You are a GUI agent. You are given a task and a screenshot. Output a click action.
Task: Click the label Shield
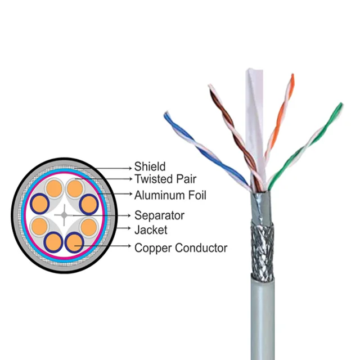(x=150, y=166)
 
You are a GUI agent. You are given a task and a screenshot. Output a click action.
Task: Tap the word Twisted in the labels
(x=152, y=179)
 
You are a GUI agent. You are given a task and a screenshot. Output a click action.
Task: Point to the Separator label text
(x=159, y=215)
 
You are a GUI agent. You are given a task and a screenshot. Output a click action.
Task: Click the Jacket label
(x=151, y=229)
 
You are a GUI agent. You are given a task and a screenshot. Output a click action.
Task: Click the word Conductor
(x=201, y=247)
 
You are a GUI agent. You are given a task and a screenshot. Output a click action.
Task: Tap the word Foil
(x=197, y=195)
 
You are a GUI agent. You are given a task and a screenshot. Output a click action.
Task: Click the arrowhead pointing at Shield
(x=129, y=167)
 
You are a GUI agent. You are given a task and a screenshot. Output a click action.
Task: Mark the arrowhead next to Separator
(x=129, y=215)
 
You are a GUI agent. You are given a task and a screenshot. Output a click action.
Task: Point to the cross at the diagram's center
(x=65, y=214)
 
